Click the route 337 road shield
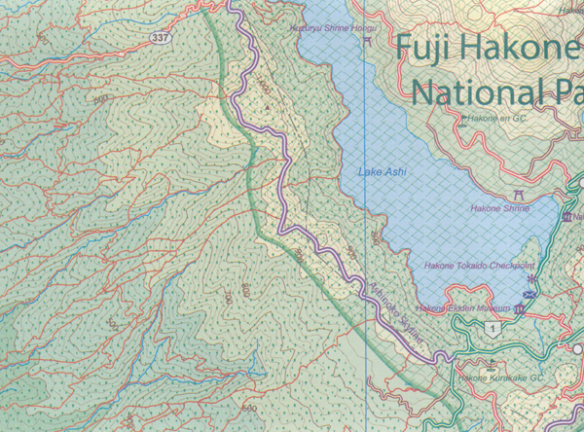click(x=160, y=37)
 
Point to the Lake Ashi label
click(x=383, y=173)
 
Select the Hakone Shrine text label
click(x=498, y=207)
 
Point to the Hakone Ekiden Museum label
click(x=463, y=308)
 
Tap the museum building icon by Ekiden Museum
click(x=519, y=308)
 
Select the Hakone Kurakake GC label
click(x=492, y=378)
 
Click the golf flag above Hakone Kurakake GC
click(x=460, y=367)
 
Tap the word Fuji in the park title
click(x=431, y=47)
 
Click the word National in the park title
click(x=476, y=91)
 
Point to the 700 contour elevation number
click(x=227, y=298)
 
